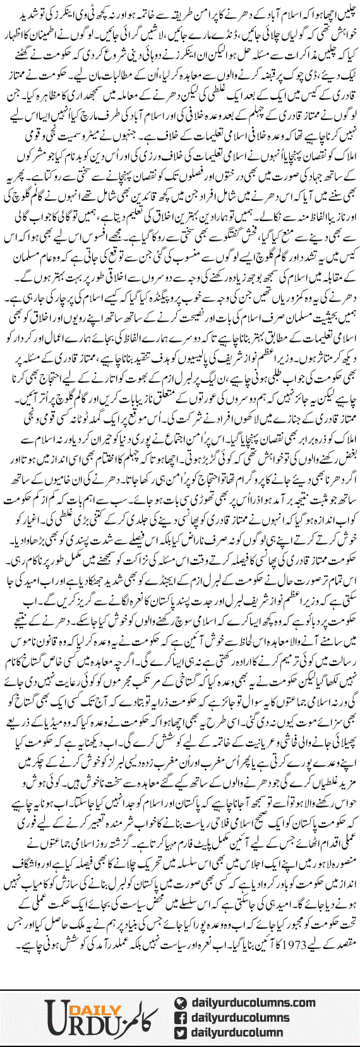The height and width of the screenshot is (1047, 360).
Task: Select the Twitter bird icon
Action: tap(179, 1032)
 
